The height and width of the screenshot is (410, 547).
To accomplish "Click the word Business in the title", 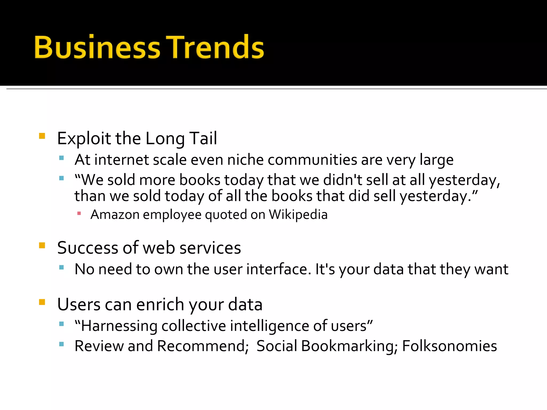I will (x=97, y=48).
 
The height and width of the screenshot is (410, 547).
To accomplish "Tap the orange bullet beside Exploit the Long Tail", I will (x=42, y=136).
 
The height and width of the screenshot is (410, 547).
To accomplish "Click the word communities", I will (x=312, y=160).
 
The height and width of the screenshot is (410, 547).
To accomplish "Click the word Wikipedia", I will (x=298, y=215).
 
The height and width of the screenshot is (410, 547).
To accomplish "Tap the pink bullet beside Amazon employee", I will (x=79, y=213).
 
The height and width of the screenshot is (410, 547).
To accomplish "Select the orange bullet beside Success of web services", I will (x=42, y=245).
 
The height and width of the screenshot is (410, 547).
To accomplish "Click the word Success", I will (x=88, y=248).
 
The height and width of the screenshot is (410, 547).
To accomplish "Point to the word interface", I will (x=279, y=269).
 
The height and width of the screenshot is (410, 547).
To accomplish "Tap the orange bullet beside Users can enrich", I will (x=42, y=302).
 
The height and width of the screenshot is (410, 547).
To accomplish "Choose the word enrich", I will (x=160, y=304).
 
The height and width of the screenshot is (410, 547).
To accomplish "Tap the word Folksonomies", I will (x=450, y=346).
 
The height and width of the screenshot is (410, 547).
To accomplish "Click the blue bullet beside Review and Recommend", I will (x=61, y=344).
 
